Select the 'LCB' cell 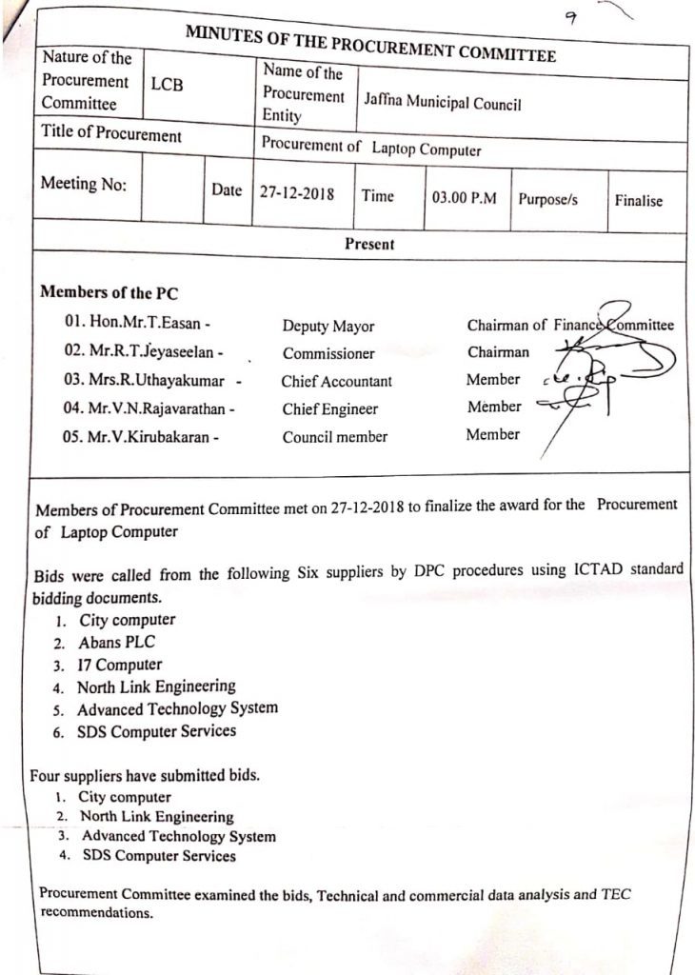pos(167,86)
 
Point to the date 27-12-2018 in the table pos(297,192)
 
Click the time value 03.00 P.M pos(465,199)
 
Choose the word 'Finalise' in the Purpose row pos(638,201)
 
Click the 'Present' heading pos(369,244)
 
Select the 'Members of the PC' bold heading pos(109,292)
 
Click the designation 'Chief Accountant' pos(336,381)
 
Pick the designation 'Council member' pos(334,437)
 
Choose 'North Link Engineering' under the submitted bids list pos(156,817)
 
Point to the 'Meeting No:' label pos(83,185)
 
